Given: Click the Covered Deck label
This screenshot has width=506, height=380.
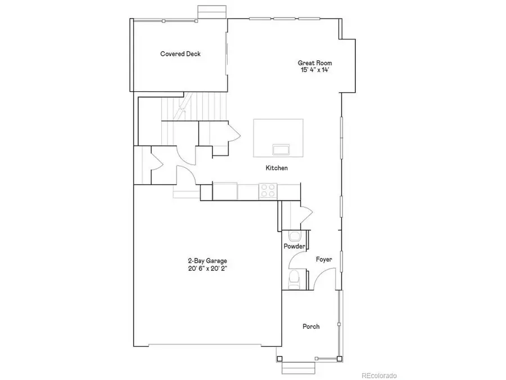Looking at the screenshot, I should point(180,54).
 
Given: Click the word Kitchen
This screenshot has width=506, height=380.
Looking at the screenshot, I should point(277,168).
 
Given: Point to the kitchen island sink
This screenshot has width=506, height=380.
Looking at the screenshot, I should point(281,149).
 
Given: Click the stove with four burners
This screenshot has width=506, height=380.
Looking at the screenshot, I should point(268,191).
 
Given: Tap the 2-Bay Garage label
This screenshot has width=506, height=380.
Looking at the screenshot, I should point(207,261).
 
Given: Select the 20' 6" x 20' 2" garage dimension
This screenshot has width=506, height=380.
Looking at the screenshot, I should point(207,269).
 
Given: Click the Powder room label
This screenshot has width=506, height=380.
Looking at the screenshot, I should point(295,247).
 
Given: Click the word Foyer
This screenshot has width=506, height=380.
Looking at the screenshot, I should point(324,260).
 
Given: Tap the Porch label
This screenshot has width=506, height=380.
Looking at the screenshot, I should point(311,327).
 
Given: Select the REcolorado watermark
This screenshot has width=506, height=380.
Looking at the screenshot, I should point(379,375).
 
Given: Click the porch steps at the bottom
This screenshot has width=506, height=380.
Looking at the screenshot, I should point(295,368).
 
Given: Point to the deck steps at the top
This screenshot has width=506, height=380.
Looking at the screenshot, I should point(213,12).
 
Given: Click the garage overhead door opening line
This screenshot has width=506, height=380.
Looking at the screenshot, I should point(207,345).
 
